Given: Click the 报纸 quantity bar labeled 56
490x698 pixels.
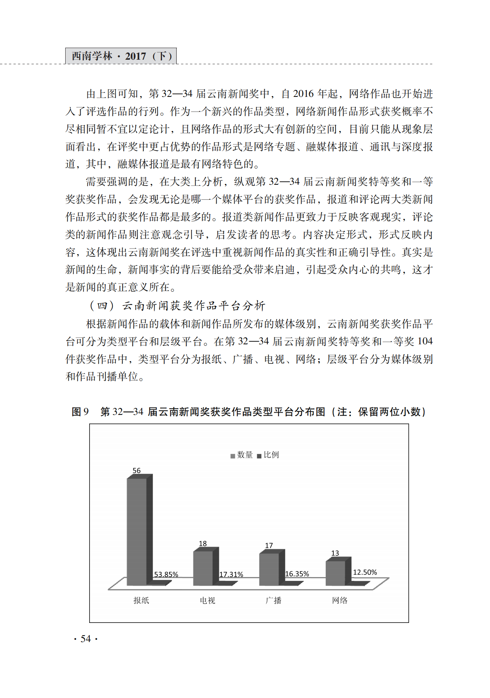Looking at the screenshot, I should click(x=137, y=531).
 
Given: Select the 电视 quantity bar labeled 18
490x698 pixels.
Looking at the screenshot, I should click(x=203, y=568).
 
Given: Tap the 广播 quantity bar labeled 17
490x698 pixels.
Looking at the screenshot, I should click(x=269, y=569).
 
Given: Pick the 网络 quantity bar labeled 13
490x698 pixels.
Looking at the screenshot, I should click(x=335, y=573).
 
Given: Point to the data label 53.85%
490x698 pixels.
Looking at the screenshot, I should click(x=166, y=574).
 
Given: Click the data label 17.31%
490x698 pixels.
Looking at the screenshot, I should click(x=231, y=574).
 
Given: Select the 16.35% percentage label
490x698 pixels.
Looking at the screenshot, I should click(x=297, y=574).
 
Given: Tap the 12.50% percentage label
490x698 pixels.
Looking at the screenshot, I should click(x=365, y=572).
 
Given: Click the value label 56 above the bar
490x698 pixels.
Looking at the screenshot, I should click(x=136, y=470).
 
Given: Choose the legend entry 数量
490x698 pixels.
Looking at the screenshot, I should click(x=242, y=455).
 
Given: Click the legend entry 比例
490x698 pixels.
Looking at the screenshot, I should click(x=268, y=455).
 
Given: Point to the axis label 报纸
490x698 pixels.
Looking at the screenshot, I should click(x=141, y=600).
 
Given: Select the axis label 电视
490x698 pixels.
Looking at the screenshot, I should click(x=207, y=600).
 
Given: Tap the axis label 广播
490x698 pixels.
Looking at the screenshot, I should click(x=273, y=600).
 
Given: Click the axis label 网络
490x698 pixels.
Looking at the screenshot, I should click(x=340, y=600).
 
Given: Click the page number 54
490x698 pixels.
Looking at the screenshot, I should click(x=86, y=639).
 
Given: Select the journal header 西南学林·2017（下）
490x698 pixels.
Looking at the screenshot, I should click(x=121, y=56).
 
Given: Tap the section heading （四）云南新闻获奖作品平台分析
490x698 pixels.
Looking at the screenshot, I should click(x=177, y=306).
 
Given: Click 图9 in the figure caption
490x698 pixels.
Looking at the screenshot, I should click(x=80, y=412).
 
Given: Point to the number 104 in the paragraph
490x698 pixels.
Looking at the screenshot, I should click(x=425, y=341).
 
